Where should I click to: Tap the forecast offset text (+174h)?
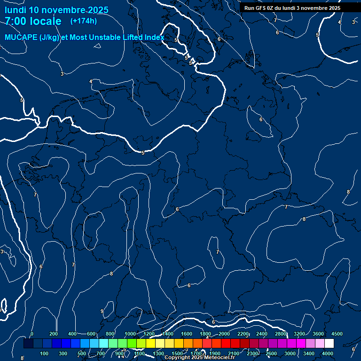pos(83,21)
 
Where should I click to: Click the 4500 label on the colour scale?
pos(337,334)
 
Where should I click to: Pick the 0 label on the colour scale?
pos(32,334)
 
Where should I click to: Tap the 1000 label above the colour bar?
pos(130,334)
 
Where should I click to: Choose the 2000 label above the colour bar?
pos(224,334)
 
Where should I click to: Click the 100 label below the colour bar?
pos(45,353)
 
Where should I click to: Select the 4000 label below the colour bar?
pos(328,353)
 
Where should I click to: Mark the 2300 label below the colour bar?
pos(252,353)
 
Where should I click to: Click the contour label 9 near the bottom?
pos(102,311)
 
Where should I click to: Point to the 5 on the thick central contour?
pos(143,153)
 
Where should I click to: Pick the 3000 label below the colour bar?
pos(290,353)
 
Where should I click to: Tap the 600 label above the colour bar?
pos(91,334)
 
